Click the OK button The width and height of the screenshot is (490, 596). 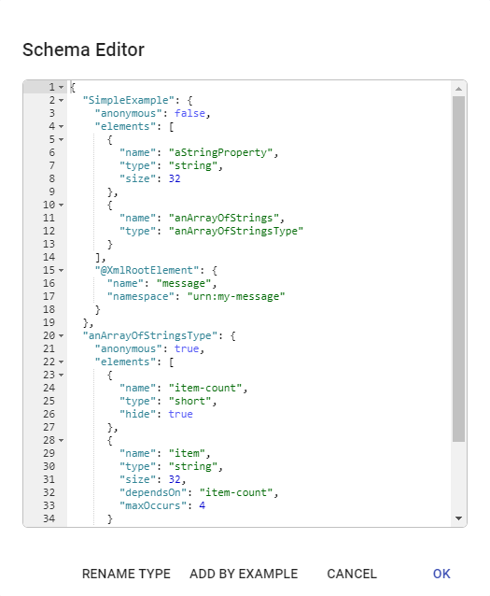tap(441, 574)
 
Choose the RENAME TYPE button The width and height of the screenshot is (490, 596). tap(126, 574)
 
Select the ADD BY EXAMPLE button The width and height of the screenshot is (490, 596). tap(244, 574)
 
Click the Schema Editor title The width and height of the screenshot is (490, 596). tap(84, 50)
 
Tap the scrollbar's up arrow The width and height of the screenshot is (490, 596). tap(459, 89)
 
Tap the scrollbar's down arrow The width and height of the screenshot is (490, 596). tap(459, 518)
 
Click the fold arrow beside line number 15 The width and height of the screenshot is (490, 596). tap(62, 271)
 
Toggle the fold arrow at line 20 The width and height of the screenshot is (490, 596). tap(62, 336)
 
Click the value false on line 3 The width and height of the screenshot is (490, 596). tap(189, 113)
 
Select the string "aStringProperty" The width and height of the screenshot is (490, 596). tap(221, 153)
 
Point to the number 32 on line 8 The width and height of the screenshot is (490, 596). tap(175, 178)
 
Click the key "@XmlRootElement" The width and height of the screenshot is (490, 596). tap(147, 270)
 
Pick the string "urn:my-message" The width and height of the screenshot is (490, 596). tap(236, 296)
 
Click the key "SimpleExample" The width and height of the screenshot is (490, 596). tap(129, 100)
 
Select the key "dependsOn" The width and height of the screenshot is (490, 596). tap(153, 492)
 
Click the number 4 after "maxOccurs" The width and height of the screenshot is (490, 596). tap(203, 505)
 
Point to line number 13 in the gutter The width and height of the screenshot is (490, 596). tap(49, 244)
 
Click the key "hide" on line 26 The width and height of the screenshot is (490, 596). tap(137, 414)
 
